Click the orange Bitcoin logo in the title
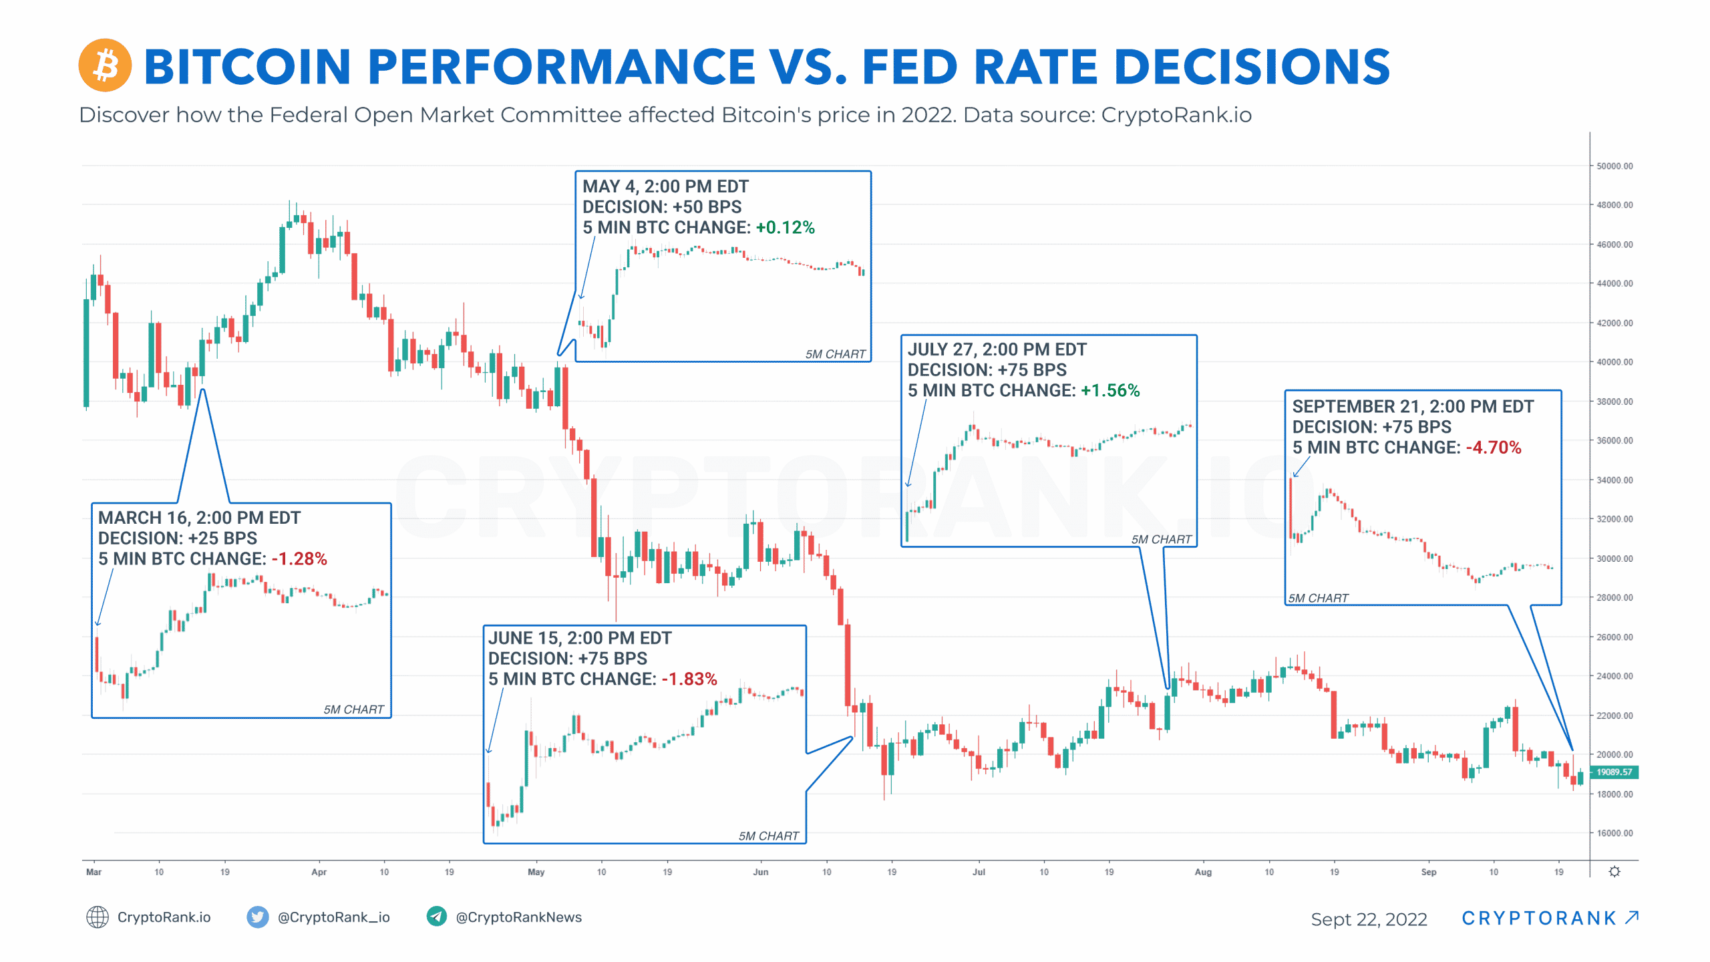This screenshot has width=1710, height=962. click(x=105, y=65)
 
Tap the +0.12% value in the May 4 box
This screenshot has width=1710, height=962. click(x=785, y=228)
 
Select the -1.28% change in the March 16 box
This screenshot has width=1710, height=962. click(x=299, y=559)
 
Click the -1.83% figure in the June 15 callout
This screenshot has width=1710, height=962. click(x=689, y=679)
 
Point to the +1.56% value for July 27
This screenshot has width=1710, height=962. click(x=1109, y=391)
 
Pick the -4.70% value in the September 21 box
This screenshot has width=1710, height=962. click(x=1493, y=448)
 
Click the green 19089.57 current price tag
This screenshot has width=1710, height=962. click(x=1614, y=772)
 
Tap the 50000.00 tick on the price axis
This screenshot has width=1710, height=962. click(x=1614, y=166)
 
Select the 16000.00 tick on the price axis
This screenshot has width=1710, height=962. click(x=1614, y=833)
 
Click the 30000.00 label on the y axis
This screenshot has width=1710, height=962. click(x=1614, y=558)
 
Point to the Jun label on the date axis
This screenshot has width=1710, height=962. click(x=760, y=872)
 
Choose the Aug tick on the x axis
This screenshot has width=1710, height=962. click(x=1202, y=872)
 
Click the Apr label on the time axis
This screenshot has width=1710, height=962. click(x=319, y=872)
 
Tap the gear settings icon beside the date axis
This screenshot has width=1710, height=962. click(x=1614, y=872)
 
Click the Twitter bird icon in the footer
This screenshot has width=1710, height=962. click(x=257, y=917)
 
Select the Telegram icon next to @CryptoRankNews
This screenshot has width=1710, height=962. click(x=436, y=917)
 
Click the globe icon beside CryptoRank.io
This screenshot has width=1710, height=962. click(x=98, y=917)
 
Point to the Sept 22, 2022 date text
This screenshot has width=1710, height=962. click(x=1369, y=919)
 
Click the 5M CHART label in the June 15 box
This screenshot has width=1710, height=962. click(x=768, y=836)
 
